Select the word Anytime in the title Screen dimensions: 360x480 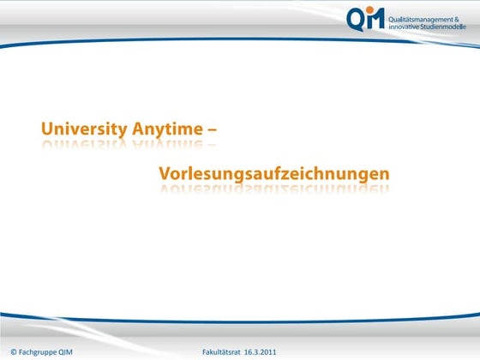168,129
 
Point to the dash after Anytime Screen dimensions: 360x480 211,130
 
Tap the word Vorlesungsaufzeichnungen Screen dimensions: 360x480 273,174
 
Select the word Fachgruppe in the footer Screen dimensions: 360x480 39,352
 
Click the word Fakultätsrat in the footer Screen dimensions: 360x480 221,352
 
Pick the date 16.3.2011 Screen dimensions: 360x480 260,352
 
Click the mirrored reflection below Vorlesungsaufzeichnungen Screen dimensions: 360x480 273,189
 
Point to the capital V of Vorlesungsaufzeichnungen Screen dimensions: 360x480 165,174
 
